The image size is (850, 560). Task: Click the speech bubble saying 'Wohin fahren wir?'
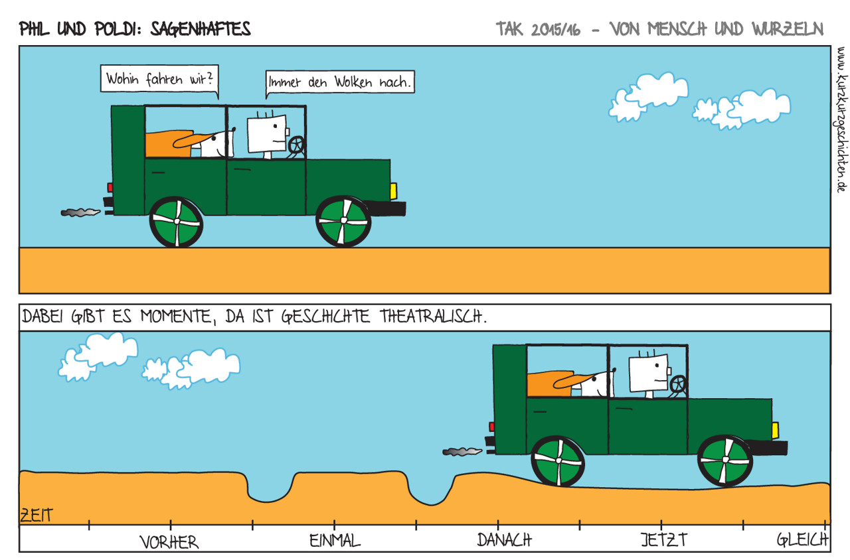[159, 79]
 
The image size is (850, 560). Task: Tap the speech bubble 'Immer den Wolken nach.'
[340, 82]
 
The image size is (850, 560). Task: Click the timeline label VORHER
[169, 542]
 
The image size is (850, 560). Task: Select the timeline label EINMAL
[335, 540]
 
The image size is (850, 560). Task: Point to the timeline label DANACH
[504, 539]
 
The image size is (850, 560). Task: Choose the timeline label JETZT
[663, 539]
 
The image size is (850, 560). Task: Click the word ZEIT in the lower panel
[37, 516]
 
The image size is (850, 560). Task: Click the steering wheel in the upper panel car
[297, 145]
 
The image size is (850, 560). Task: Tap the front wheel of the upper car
[343, 221]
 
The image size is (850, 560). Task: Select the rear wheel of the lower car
[558, 460]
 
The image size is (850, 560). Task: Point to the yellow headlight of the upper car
[394, 191]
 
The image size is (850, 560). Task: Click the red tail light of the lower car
[492, 427]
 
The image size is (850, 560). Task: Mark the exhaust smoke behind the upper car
[80, 212]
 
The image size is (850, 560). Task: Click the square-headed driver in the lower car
[650, 374]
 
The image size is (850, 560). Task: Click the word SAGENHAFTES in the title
[201, 29]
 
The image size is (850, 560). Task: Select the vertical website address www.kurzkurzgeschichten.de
[841, 119]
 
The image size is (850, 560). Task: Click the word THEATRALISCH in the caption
[434, 316]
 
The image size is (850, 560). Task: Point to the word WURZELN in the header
[788, 29]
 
